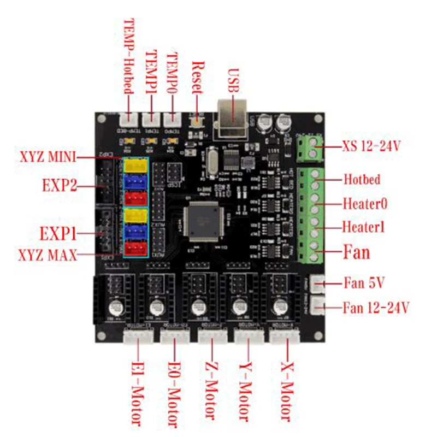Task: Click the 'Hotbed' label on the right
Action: (x=362, y=179)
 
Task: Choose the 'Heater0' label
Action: (x=365, y=204)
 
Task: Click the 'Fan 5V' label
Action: (x=364, y=284)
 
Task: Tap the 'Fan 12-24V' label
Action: (x=376, y=307)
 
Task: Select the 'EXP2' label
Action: (x=58, y=186)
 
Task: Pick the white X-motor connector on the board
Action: (x=285, y=337)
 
